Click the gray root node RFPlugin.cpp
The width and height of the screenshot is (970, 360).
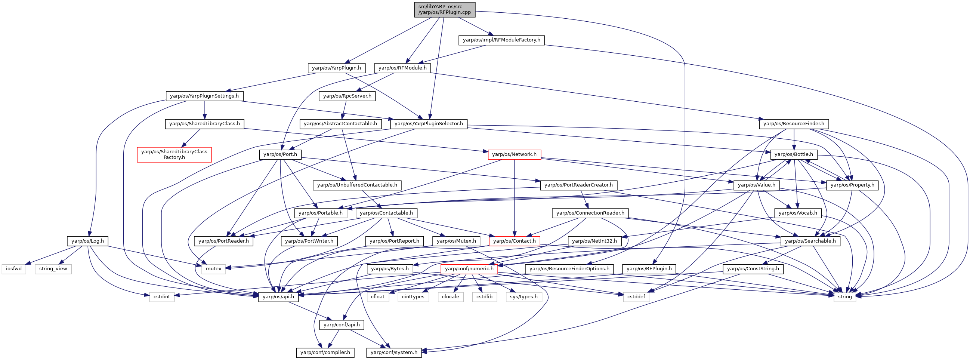point(444,9)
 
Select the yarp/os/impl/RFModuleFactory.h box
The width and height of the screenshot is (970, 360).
point(501,40)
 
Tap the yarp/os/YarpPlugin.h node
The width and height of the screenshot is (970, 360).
point(336,68)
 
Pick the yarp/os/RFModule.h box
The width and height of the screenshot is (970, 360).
point(402,68)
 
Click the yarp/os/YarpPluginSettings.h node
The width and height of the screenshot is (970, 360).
point(204,96)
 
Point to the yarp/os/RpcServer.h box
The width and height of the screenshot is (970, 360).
point(347,96)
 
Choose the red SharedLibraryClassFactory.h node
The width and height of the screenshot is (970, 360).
point(174,154)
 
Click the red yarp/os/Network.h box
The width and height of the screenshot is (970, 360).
point(514,154)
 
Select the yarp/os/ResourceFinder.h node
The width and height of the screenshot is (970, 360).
point(793,124)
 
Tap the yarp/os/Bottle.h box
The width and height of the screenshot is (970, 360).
point(794,154)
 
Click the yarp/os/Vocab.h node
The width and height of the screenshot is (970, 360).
point(797,213)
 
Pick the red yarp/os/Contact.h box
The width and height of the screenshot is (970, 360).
point(514,241)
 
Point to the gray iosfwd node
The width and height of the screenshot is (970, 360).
point(14,269)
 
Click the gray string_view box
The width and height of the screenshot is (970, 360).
point(53,269)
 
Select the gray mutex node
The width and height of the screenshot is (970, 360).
point(213,269)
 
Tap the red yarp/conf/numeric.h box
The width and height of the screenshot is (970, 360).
point(469,269)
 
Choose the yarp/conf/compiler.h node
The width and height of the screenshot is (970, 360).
point(325,353)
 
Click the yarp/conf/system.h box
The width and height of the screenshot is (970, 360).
point(394,353)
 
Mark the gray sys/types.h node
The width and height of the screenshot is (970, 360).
point(523,297)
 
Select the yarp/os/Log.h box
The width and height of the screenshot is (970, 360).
point(87,241)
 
